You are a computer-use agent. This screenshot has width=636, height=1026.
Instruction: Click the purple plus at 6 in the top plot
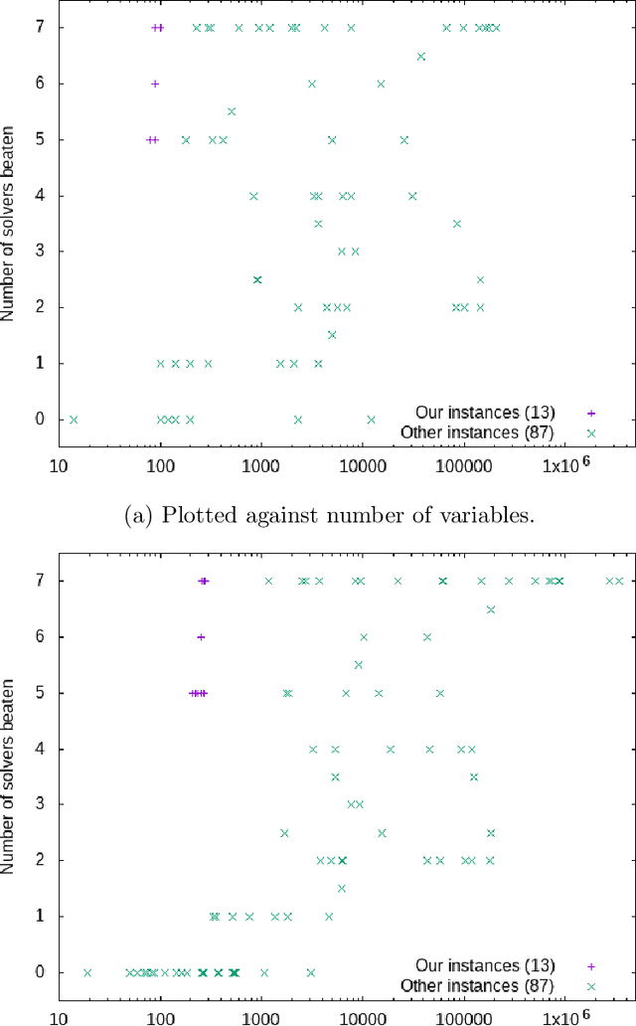(155, 84)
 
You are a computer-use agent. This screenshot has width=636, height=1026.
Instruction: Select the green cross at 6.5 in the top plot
(421, 57)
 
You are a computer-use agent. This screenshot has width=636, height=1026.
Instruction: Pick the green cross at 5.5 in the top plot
(232, 111)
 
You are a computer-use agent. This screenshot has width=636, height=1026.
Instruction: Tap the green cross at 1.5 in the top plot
(332, 335)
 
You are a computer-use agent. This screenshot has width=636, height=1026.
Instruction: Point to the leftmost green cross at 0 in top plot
(73, 420)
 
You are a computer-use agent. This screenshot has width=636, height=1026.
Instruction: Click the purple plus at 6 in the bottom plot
(201, 637)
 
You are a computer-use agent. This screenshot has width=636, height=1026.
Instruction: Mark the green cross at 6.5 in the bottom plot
(491, 609)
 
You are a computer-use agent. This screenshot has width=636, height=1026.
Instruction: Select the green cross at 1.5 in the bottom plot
(342, 889)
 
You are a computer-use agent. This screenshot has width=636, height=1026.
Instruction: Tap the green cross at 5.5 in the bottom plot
(359, 665)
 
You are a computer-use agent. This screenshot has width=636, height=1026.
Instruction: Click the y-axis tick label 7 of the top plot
(41, 28)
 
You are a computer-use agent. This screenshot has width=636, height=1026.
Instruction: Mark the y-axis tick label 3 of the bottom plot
(41, 804)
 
